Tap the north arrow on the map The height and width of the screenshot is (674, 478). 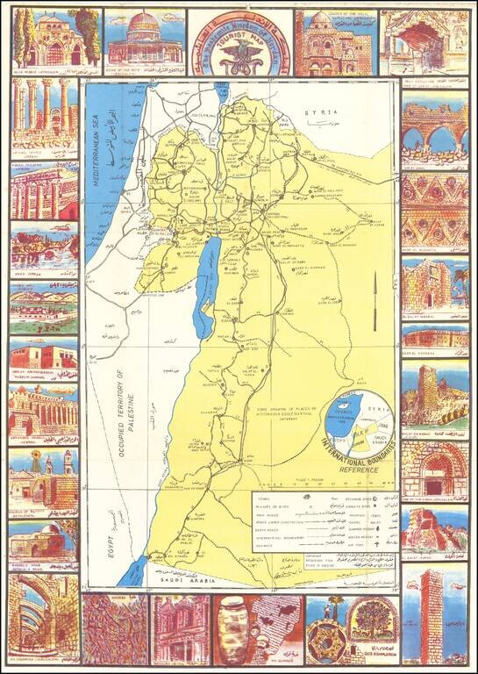[x=375, y=298]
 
